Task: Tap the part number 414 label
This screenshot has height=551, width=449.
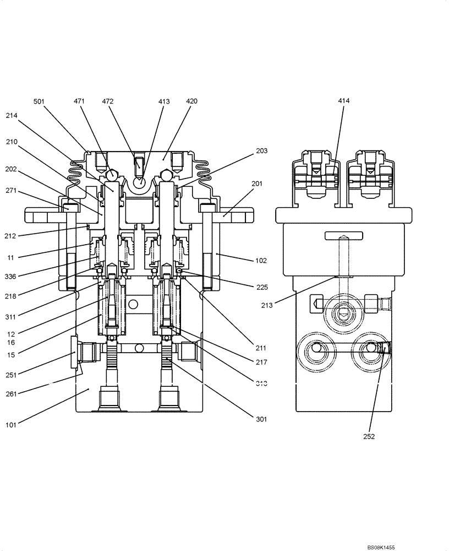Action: [344, 101]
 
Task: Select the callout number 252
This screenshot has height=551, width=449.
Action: [369, 436]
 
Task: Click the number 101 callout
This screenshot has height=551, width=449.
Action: [12, 424]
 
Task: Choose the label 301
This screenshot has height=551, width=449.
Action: [261, 419]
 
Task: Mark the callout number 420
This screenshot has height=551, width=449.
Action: [191, 101]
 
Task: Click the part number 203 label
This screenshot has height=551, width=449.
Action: [261, 150]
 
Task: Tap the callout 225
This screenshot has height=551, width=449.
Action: [261, 287]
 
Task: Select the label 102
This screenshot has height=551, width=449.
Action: [261, 260]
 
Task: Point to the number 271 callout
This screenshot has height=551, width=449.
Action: [12, 191]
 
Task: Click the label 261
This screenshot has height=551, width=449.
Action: [12, 393]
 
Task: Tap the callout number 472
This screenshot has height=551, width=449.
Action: [108, 101]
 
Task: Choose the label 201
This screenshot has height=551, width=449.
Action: [258, 184]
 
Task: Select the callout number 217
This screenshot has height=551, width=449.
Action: [261, 362]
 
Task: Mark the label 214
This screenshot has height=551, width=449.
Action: [12, 116]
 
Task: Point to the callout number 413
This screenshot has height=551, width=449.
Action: [164, 101]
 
